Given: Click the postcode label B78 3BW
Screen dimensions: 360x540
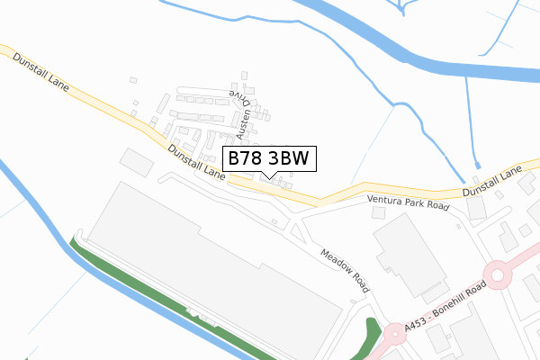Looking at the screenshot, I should tap(268, 158).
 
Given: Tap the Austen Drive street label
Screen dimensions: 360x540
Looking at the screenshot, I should tap(239, 113).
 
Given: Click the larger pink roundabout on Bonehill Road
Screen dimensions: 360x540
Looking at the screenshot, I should tap(497, 274).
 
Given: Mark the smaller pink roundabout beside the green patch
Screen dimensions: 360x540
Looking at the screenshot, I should tap(394, 335).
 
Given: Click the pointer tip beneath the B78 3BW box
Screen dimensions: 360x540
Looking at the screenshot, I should tap(268, 175).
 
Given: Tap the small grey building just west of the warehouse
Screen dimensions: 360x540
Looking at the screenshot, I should tap(137, 162).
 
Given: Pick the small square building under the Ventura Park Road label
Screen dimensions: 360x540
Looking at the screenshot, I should tap(378, 212).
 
